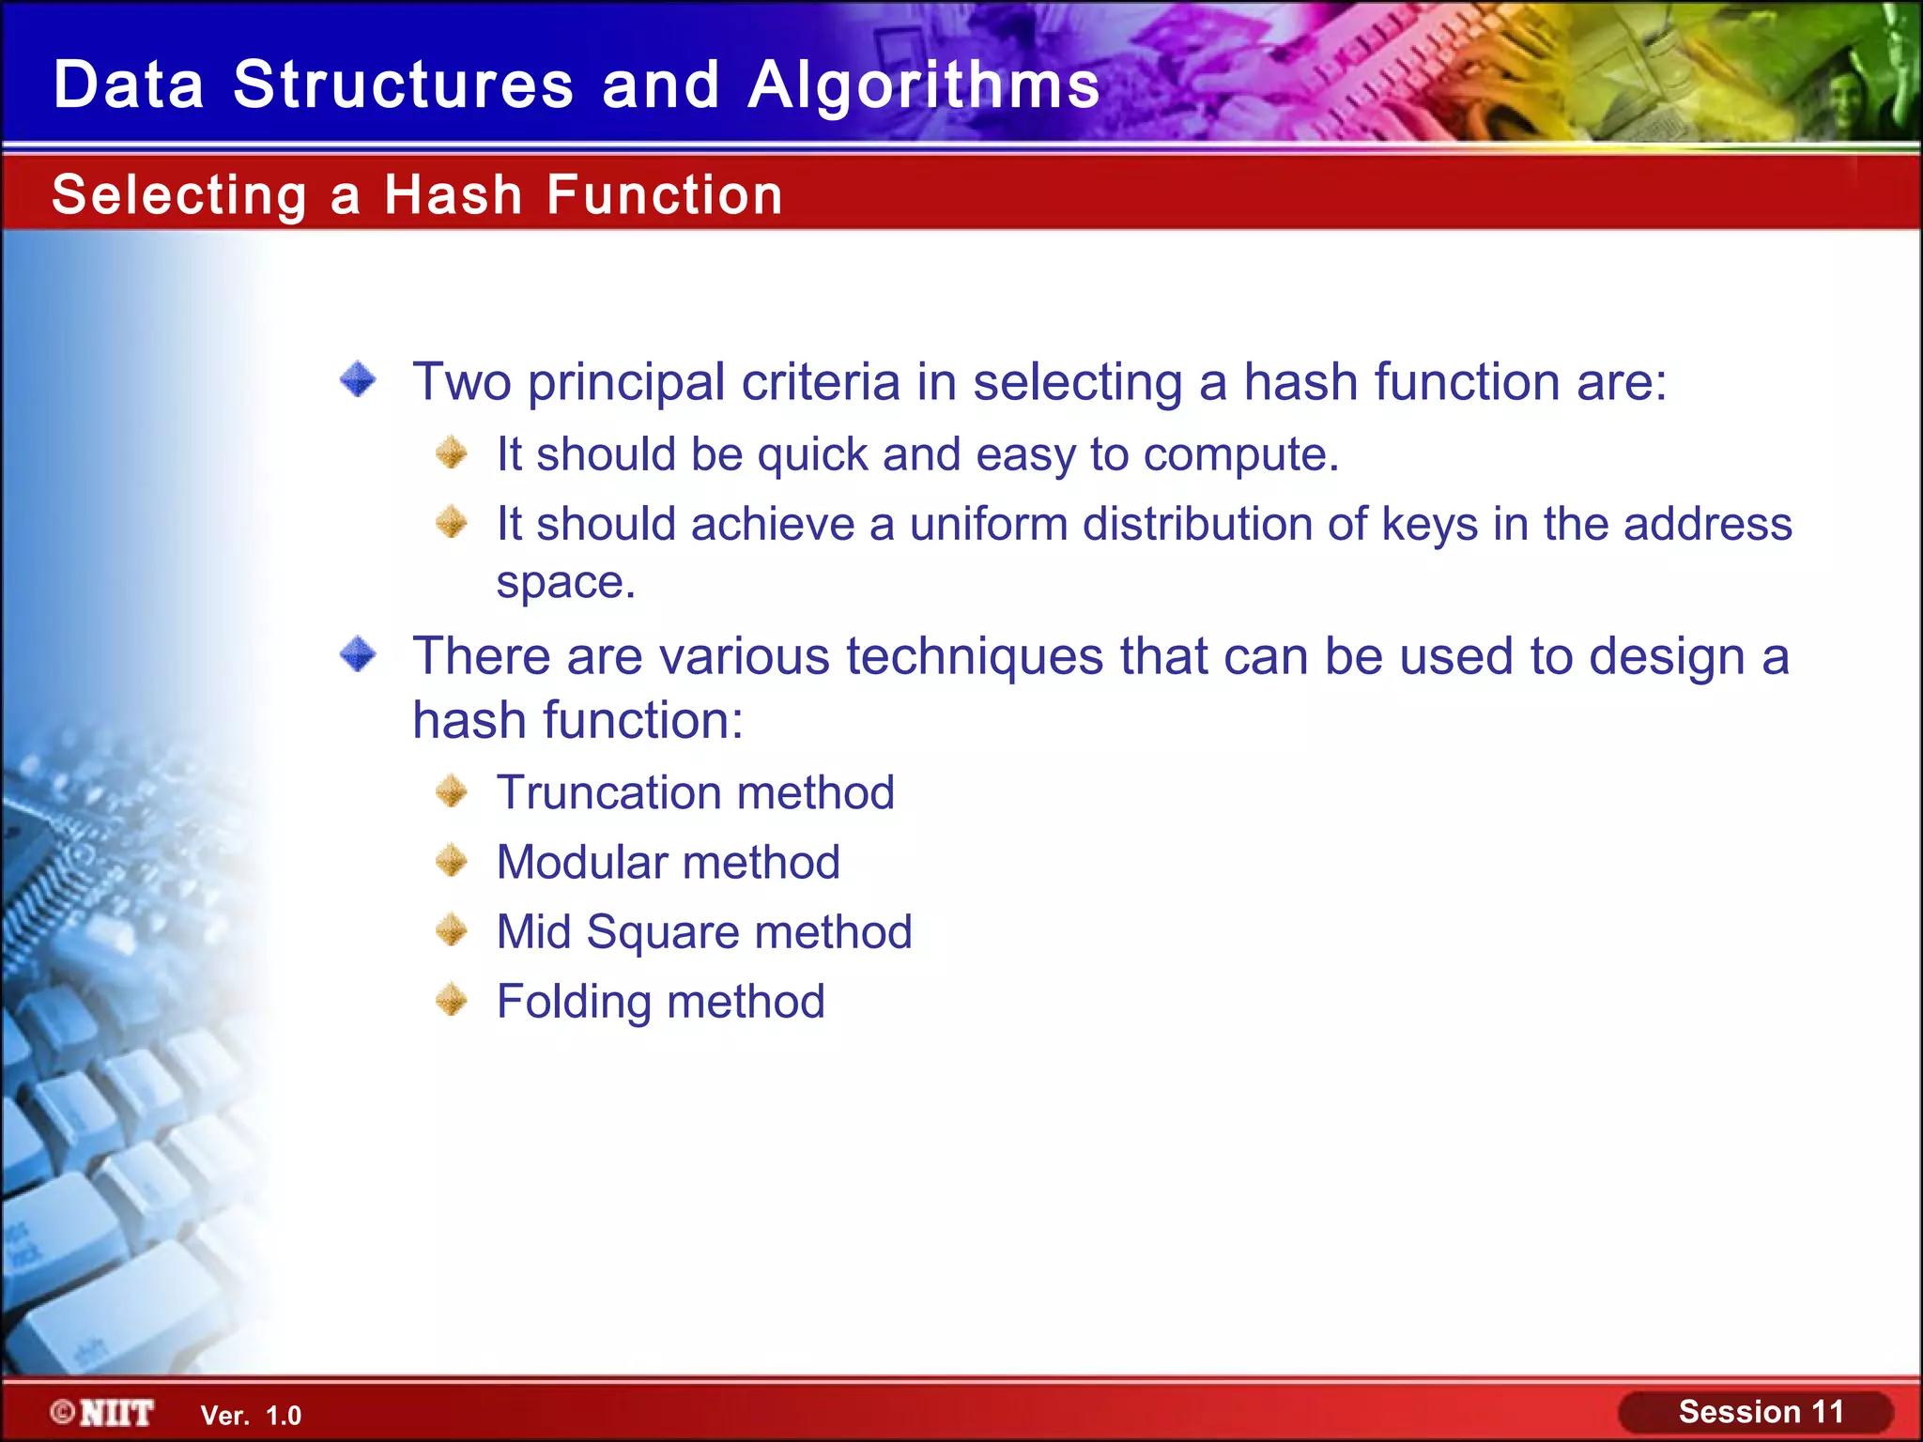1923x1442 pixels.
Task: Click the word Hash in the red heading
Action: click(453, 195)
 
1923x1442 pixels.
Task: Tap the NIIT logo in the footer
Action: click(103, 1413)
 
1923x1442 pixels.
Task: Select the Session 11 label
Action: click(1760, 1412)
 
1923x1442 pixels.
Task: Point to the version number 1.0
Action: click(284, 1416)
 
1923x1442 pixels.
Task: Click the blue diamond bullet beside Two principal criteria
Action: click(358, 380)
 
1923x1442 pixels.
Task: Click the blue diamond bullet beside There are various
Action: click(358, 654)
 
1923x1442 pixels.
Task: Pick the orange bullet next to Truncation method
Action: click(452, 791)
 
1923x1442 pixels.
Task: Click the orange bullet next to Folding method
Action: click(452, 1000)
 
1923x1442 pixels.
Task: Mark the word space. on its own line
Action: click(565, 583)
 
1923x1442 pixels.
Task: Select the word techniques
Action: click(974, 656)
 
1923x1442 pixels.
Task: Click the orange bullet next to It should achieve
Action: click(452, 522)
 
